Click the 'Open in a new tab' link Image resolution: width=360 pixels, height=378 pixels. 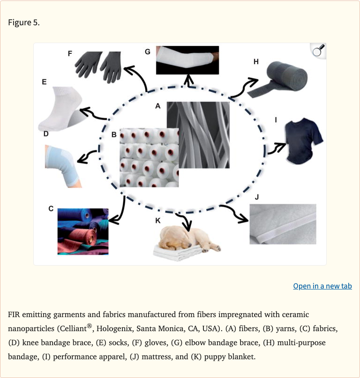(x=322, y=286)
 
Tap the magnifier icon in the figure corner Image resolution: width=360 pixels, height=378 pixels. (x=318, y=51)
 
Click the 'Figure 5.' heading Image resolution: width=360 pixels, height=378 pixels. (x=23, y=22)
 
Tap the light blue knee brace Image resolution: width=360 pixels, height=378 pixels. (x=62, y=166)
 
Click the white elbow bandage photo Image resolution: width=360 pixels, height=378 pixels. (x=187, y=60)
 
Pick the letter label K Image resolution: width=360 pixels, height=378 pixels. (x=158, y=221)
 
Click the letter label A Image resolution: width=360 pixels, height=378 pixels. (x=158, y=106)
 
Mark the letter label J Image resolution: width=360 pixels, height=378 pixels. (x=257, y=197)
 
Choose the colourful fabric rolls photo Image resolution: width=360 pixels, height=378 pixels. (x=83, y=231)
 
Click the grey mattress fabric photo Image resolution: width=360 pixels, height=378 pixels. (x=283, y=224)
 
